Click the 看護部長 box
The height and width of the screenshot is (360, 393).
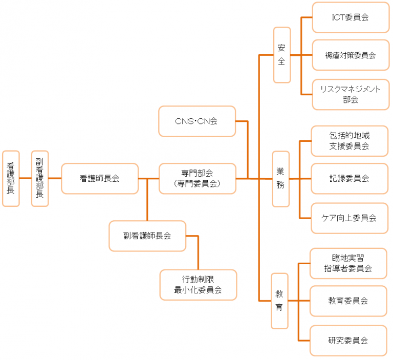tap(11, 178)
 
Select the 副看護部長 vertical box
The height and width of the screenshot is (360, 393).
tap(40, 178)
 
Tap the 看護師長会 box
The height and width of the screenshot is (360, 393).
tap(100, 179)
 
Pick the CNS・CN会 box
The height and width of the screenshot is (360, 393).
tap(197, 121)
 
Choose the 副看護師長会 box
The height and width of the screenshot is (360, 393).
tap(147, 236)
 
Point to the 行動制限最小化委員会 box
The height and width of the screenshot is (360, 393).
tap(199, 285)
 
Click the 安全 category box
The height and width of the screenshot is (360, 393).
tap(282, 55)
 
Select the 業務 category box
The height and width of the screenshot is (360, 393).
tap(281, 179)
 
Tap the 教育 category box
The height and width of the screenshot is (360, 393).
tap(280, 301)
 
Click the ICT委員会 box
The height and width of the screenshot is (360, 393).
tap(350, 17)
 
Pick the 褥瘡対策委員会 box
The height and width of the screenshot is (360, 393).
tap(350, 55)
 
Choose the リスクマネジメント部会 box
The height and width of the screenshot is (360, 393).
tap(350, 94)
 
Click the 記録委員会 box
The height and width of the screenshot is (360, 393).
tap(350, 179)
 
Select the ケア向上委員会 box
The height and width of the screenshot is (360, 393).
tap(350, 218)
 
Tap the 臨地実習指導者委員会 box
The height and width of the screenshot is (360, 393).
tap(348, 263)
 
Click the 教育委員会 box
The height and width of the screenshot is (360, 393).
tap(348, 301)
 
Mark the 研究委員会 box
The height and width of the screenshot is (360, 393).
tap(348, 340)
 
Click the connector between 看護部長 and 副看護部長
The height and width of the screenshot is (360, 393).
tap(25, 178)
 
